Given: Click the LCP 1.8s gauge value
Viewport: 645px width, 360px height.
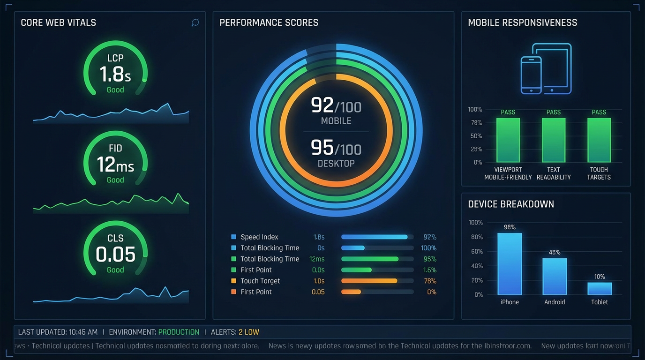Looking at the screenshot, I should tap(115, 74).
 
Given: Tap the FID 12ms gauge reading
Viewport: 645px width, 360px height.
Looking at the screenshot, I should tap(115, 165).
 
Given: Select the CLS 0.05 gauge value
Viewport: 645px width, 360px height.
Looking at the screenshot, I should tap(115, 255).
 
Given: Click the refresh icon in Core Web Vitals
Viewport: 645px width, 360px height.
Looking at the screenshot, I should tap(195, 23).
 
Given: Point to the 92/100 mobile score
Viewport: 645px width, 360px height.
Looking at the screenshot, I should tap(336, 106).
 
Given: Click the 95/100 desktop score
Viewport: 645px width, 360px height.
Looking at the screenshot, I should tap(336, 149).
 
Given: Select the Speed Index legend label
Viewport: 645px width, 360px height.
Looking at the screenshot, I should tap(259, 237).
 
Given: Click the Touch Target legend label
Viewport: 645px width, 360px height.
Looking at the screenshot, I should tap(260, 281).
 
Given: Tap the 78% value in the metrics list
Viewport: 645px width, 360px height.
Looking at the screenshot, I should tap(430, 281).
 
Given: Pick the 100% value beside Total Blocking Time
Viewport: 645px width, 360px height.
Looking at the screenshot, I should tap(428, 248).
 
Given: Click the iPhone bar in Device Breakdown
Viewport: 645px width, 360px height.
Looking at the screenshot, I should tap(510, 263).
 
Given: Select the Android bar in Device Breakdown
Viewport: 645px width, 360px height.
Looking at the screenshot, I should tap(555, 276).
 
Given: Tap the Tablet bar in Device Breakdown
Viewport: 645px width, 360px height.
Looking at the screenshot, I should tap(600, 288).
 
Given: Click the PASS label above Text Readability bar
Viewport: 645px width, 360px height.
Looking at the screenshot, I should tap(554, 112).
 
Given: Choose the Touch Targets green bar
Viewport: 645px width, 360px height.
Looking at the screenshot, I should tap(599, 140).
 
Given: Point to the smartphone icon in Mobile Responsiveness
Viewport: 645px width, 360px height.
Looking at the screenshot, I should tap(531, 75).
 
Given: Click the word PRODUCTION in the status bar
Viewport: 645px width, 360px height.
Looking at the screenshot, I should tap(179, 332).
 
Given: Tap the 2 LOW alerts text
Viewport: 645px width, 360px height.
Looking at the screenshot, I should tap(248, 332).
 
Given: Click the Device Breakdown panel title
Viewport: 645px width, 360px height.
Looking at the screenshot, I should tap(511, 204).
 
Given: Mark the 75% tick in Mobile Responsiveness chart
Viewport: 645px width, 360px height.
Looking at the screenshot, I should tap(476, 123).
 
